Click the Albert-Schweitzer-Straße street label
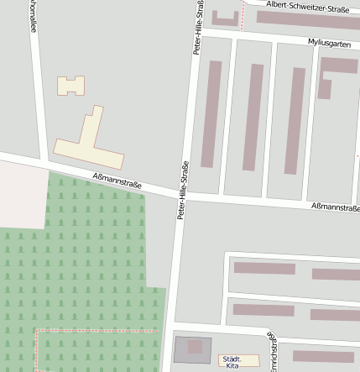point(307,8)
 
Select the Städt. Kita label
point(232,361)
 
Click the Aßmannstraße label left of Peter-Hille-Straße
point(117,179)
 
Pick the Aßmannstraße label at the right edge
point(335,207)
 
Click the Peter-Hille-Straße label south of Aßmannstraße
point(180,191)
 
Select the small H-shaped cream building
point(71,85)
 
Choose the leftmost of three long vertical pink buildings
point(212,114)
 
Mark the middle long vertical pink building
point(254,118)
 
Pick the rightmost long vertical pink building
point(296,120)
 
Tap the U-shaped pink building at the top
point(225,18)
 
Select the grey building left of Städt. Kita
point(193,349)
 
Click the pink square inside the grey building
point(196,346)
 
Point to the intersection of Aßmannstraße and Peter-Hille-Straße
point(181,196)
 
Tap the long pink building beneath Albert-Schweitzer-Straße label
point(307,20)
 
